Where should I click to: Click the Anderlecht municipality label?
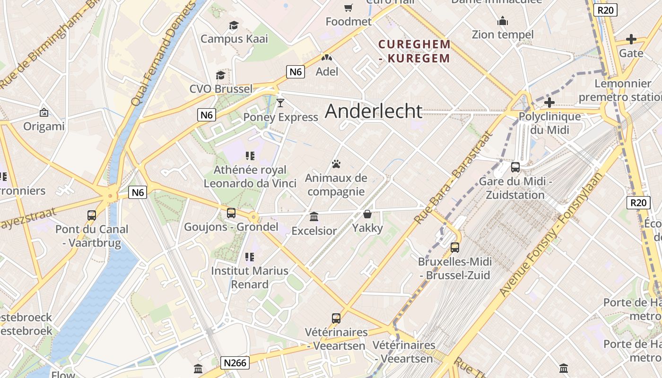(x=374, y=111)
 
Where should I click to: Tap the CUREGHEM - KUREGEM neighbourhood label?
(x=414, y=51)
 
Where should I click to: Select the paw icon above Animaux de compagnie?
(x=336, y=164)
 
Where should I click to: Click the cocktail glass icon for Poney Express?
(x=280, y=103)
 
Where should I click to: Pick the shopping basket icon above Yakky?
(x=367, y=214)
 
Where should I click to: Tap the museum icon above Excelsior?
(x=314, y=217)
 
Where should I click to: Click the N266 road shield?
(x=235, y=362)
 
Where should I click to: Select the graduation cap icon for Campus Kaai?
(x=234, y=25)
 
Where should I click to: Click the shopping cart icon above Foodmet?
(x=348, y=8)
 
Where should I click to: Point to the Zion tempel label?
(x=503, y=34)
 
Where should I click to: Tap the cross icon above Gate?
(x=631, y=39)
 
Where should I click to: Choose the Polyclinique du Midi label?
(x=549, y=123)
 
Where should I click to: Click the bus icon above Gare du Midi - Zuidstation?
(x=515, y=167)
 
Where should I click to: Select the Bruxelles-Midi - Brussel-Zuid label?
(x=454, y=268)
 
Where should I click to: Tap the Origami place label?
(x=44, y=126)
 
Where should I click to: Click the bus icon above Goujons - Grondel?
(x=231, y=213)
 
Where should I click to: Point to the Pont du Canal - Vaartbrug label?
(x=92, y=236)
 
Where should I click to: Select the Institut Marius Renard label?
(x=250, y=277)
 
